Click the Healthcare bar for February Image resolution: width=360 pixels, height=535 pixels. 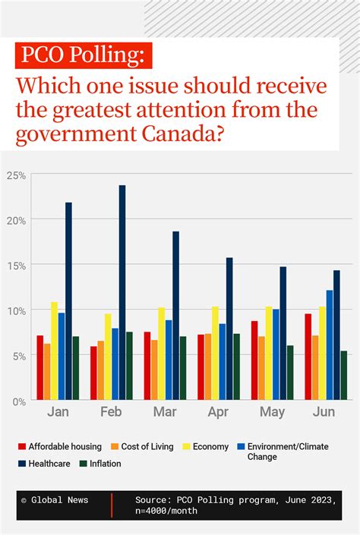122,293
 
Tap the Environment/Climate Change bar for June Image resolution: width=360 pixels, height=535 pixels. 330,345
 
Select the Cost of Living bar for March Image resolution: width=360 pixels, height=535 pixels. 154,370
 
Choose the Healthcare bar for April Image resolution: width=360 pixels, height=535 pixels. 229,329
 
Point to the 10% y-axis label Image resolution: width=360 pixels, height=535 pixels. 17,310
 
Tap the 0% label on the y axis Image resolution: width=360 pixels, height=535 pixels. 19,401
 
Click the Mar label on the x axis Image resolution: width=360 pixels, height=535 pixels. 165,412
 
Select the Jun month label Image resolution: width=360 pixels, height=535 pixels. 326,412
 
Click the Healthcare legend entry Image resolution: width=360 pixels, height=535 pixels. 48,463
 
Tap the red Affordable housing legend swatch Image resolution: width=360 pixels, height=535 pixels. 22,447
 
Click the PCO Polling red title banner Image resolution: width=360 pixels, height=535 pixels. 84,55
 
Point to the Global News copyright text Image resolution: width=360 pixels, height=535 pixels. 54,500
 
